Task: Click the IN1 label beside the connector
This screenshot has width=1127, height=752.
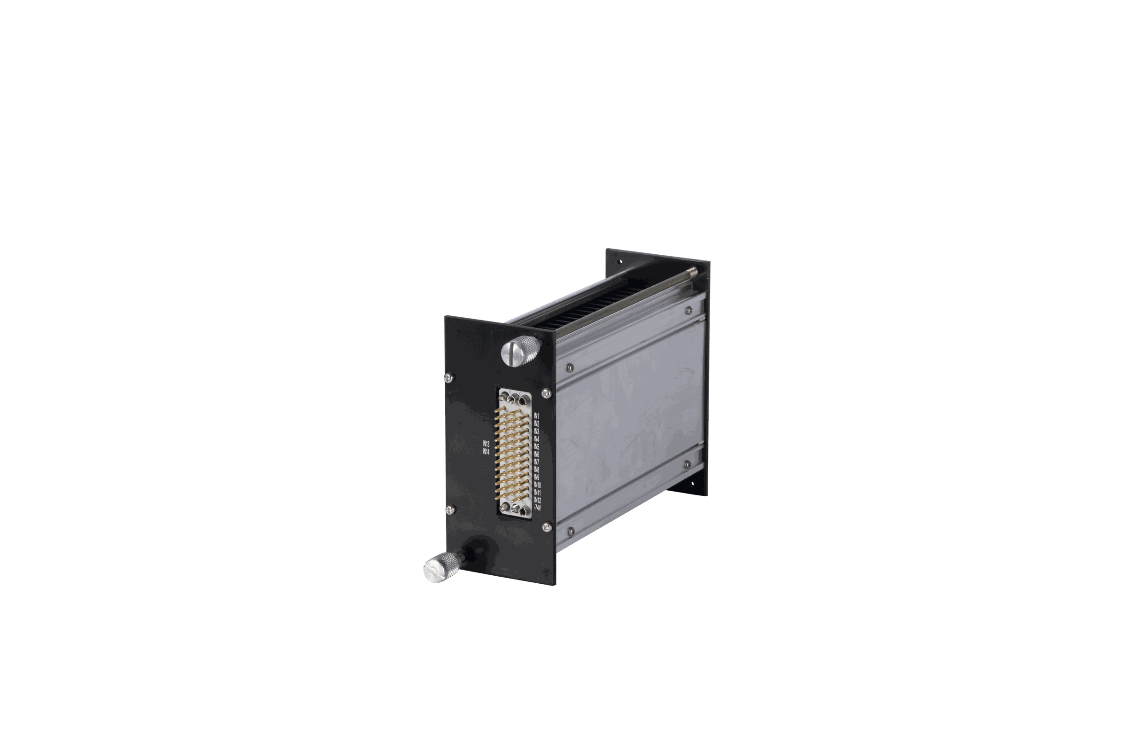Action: pos(537,416)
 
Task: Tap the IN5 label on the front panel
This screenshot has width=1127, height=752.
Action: pos(537,446)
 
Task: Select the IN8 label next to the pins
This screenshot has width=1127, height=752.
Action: pos(537,470)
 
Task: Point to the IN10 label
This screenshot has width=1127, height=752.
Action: pos(538,485)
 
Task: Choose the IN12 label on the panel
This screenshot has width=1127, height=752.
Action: pos(538,500)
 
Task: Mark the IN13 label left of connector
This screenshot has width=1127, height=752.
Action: pos(486,444)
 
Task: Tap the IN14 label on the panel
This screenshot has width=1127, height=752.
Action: pos(486,451)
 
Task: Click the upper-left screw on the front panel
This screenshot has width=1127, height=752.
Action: pos(448,377)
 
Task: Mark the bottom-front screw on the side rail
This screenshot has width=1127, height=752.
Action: pos(570,530)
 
